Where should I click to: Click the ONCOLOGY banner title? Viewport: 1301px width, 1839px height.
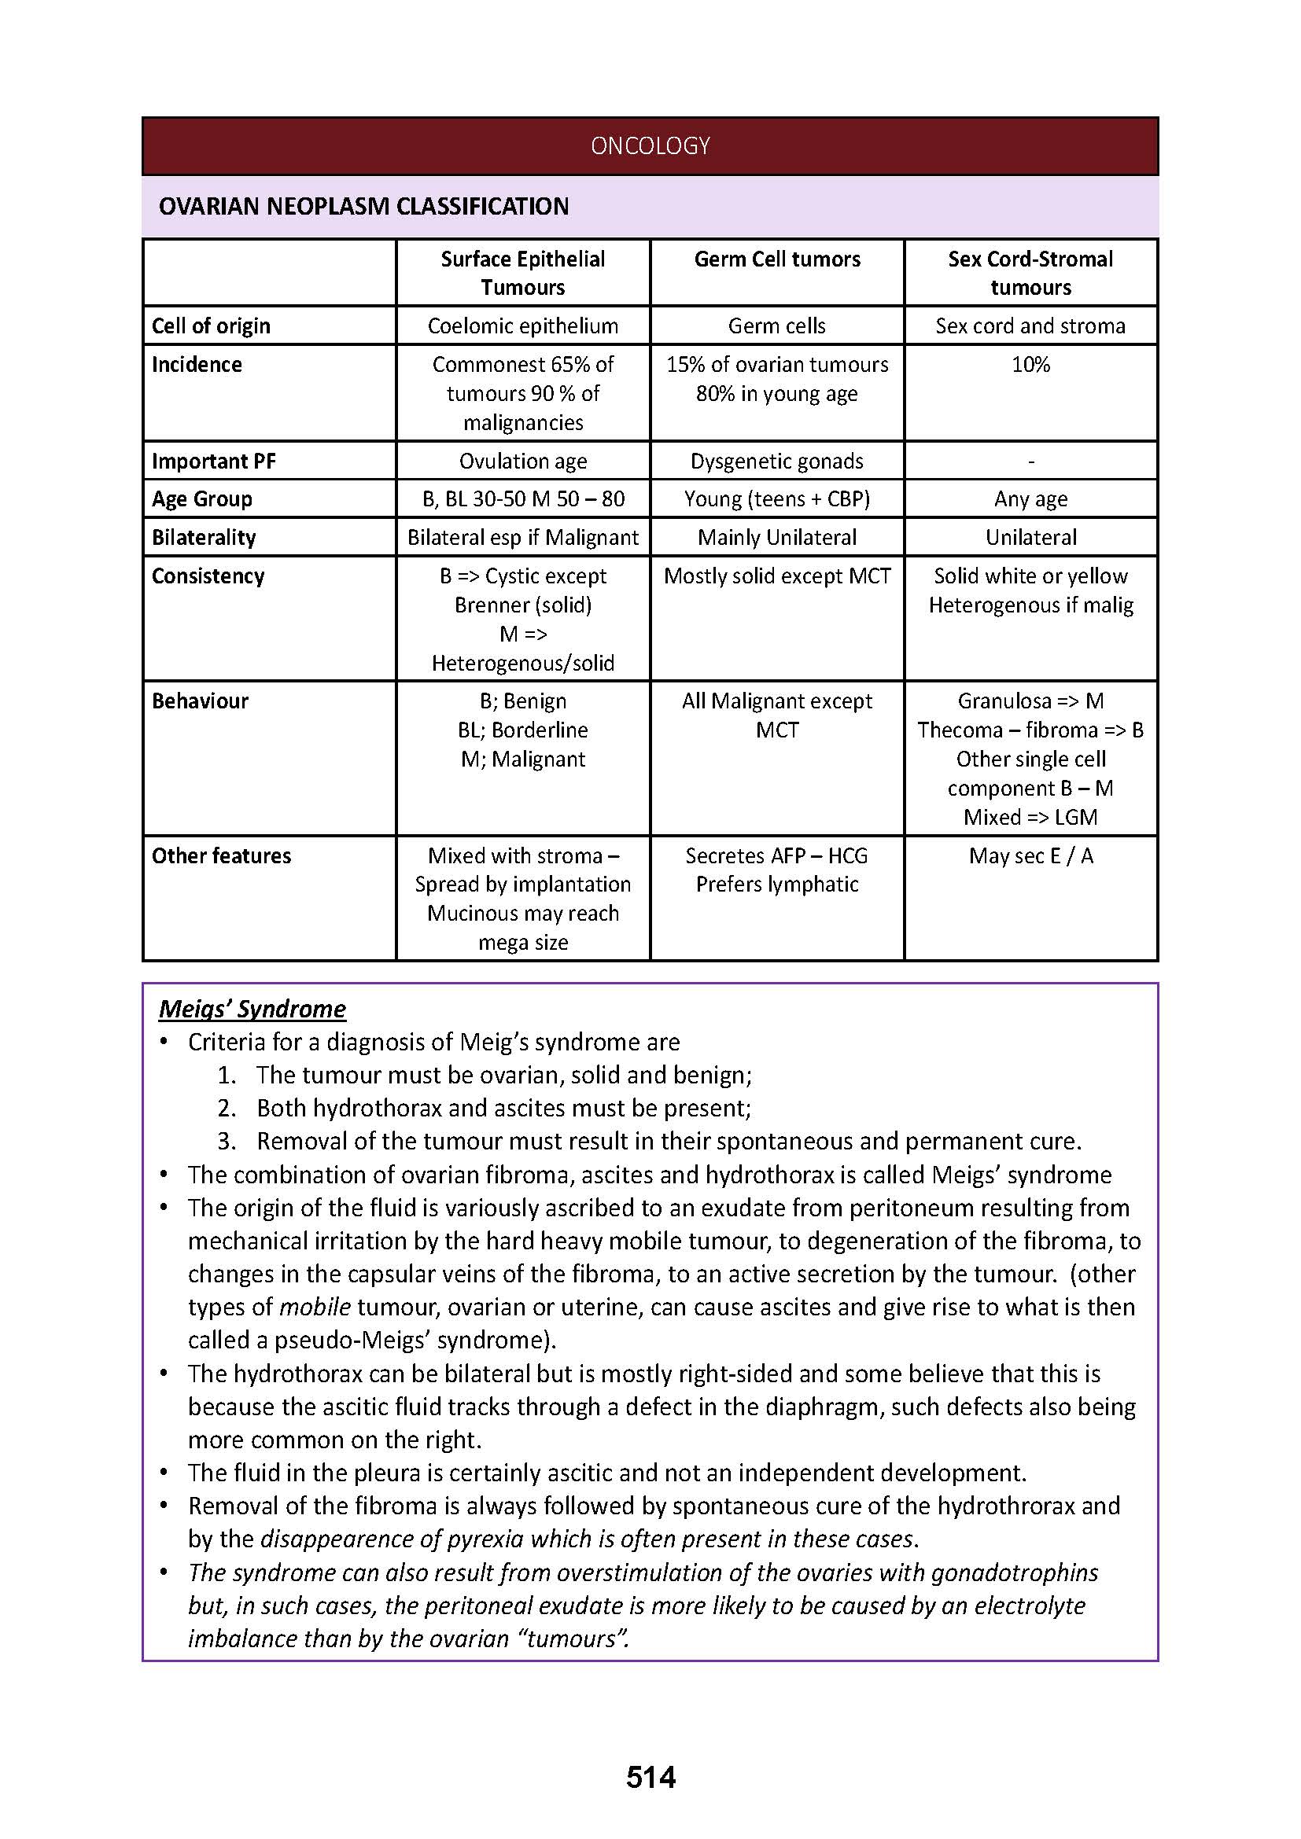tap(650, 145)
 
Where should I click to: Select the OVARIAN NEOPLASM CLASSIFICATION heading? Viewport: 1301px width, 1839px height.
tap(363, 207)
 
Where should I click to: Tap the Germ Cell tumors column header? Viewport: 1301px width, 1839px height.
tap(777, 259)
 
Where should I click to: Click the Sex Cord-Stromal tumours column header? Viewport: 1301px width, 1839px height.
tap(1030, 273)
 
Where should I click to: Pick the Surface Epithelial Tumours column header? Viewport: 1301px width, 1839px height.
tap(523, 273)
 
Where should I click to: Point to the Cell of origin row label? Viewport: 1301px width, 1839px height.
tap(211, 326)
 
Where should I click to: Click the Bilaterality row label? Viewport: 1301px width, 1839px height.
tap(204, 538)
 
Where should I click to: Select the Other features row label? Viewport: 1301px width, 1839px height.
tap(221, 855)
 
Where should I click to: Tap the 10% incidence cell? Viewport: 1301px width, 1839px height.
tap(1030, 365)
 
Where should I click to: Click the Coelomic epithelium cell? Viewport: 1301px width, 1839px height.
tap(523, 326)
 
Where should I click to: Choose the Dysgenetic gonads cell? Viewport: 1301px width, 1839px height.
tap(777, 462)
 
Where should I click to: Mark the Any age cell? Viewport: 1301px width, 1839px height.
tap(1030, 499)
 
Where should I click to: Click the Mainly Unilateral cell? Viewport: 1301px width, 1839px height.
tap(777, 538)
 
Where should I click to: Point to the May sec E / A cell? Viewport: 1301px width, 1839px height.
tap(1030, 855)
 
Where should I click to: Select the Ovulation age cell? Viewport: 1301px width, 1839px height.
tap(523, 462)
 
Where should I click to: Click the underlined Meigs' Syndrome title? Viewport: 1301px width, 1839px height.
tap(252, 1009)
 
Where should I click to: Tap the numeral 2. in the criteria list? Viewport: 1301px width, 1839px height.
tap(227, 1109)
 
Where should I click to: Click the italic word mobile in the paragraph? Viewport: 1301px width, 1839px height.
tap(315, 1308)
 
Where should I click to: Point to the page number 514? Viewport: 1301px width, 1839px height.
tap(650, 1778)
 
